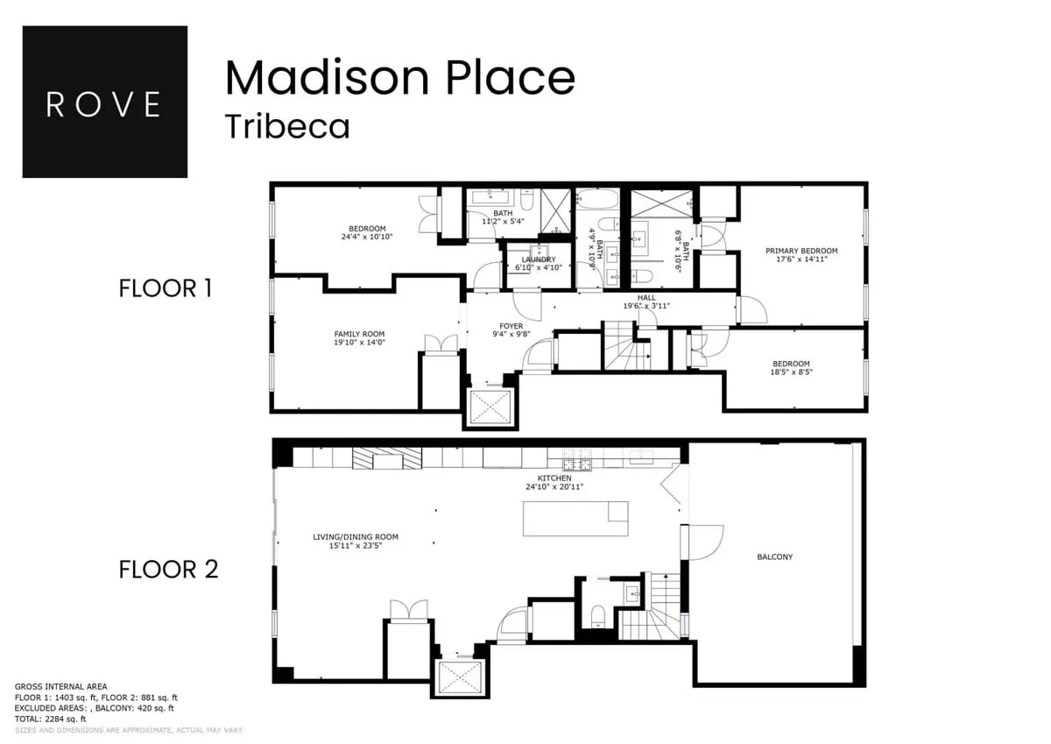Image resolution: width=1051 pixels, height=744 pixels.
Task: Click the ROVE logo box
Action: click(104, 102)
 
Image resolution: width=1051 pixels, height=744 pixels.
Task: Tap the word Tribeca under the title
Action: click(287, 126)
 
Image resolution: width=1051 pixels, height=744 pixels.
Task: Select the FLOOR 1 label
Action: click(165, 288)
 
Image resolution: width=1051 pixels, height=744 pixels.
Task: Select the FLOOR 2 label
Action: click(168, 570)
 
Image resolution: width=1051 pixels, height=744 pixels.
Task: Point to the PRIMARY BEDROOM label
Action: click(801, 252)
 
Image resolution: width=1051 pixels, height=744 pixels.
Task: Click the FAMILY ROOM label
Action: click(359, 334)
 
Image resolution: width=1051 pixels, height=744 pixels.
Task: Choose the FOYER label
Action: click(511, 326)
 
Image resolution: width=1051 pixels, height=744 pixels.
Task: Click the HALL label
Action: click(646, 298)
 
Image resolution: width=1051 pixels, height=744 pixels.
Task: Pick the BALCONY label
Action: click(775, 556)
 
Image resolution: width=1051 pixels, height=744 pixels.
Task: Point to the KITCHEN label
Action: click(554, 478)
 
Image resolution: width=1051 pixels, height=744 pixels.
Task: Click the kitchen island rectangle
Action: click(575, 518)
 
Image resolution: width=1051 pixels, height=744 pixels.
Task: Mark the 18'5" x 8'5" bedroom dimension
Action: click(791, 372)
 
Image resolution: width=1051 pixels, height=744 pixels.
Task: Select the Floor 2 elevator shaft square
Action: click(459, 677)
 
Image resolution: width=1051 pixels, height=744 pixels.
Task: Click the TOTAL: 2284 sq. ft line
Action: click(50, 719)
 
